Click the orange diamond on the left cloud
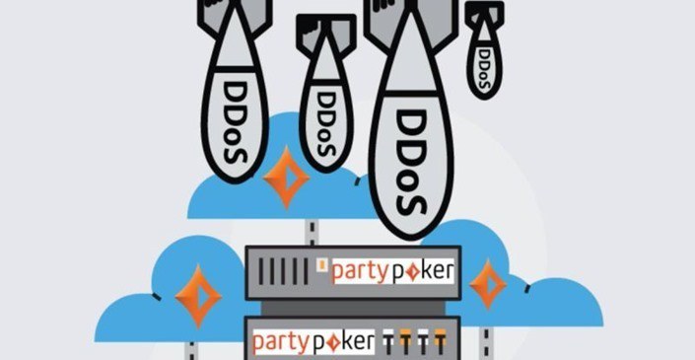coord(198,293)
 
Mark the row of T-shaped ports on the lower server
coord(411,342)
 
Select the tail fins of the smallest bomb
coord(485,11)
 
